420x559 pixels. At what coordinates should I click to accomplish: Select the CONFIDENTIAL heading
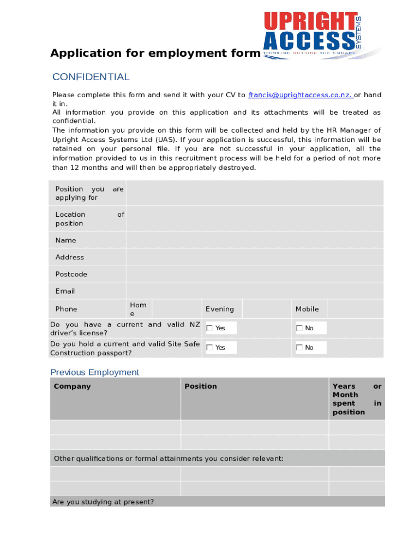pos(91,77)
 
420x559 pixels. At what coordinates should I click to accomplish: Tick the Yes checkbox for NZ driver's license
pos(209,328)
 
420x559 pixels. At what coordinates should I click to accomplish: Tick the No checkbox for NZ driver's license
pos(299,328)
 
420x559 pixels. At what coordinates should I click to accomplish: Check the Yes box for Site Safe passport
pos(209,347)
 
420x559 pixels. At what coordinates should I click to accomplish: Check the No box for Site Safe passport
pos(299,347)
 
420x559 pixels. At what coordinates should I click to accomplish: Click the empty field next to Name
pos(254,240)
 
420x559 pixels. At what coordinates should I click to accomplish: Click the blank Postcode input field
pos(254,274)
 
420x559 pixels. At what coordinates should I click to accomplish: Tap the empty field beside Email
pos(254,291)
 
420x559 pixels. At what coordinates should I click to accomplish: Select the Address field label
pos(70,257)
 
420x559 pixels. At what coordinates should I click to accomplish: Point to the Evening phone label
pos(219,309)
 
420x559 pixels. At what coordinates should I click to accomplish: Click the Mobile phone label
pos(307,309)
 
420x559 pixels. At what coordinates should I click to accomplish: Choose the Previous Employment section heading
pos(94,372)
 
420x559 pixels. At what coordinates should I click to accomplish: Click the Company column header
pos(72,386)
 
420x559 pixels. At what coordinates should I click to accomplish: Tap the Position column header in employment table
pos(200,386)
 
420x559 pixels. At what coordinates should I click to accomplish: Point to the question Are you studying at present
pos(103,502)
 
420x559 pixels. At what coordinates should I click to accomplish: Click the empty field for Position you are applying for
pos(254,193)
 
